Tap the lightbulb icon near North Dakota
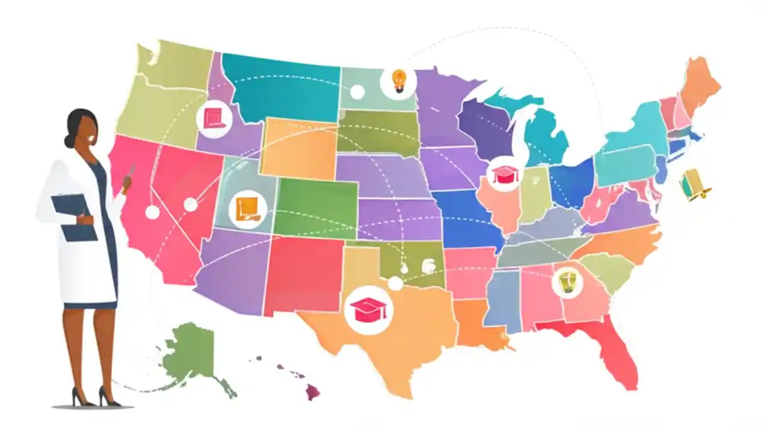[x=398, y=80]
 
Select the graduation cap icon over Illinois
[x=504, y=174]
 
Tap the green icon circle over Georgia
[x=567, y=281]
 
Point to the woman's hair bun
[x=68, y=140]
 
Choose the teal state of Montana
[x=282, y=87]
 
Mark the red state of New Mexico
[x=303, y=273]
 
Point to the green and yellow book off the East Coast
[x=695, y=185]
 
